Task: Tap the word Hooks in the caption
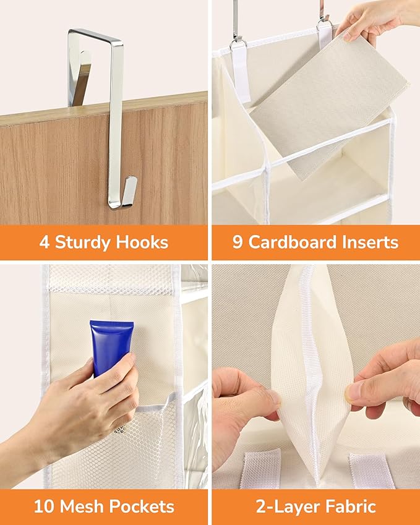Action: coord(142,242)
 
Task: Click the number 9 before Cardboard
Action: coord(237,242)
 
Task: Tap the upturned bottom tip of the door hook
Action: coord(131,181)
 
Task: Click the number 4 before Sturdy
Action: coord(44,242)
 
